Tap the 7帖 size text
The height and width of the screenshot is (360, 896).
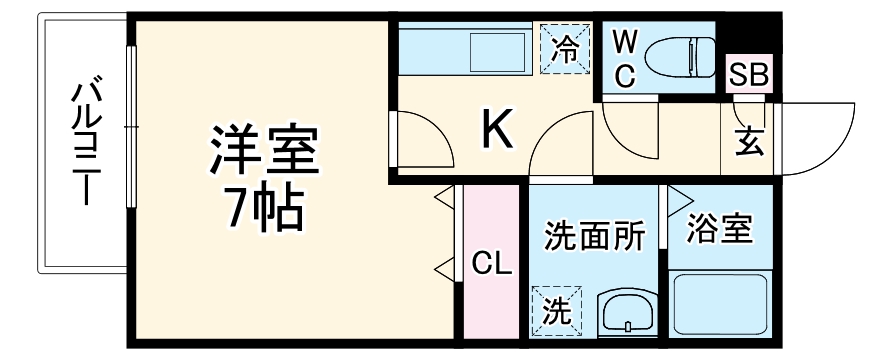pos(262,208)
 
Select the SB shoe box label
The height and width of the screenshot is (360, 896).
pos(748,74)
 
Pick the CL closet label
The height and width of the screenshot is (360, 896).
pos(492,265)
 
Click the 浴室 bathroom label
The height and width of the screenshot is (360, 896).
pos(719,229)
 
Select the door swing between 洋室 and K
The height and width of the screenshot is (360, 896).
pos(420,140)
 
